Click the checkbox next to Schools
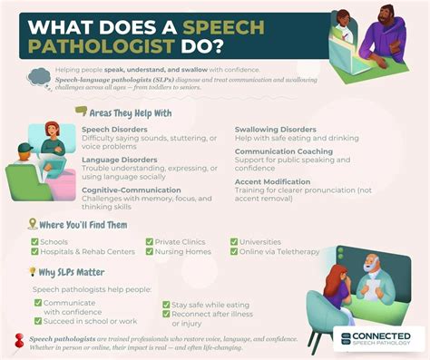click(x=34, y=242)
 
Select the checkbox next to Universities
click(x=234, y=242)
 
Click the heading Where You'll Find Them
click(x=82, y=223)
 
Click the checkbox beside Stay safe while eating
click(x=166, y=305)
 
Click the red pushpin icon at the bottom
click(x=19, y=340)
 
